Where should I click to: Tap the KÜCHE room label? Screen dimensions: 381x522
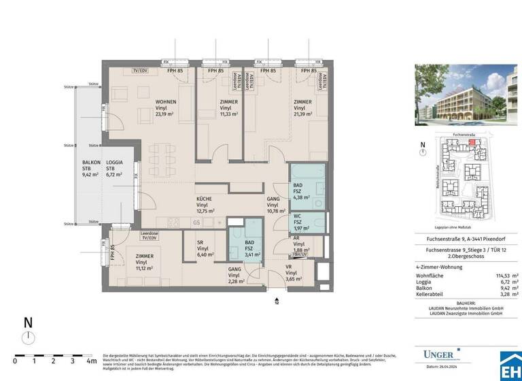click(204, 199)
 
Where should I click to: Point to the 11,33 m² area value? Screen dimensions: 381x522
click(229, 115)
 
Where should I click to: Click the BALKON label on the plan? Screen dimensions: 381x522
click(92, 163)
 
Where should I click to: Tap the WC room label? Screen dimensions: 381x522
click(298, 220)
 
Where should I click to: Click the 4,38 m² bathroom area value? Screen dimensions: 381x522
click(301, 198)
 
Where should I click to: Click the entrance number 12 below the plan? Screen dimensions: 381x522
click(277, 303)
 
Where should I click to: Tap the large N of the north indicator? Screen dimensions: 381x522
click(28, 324)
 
